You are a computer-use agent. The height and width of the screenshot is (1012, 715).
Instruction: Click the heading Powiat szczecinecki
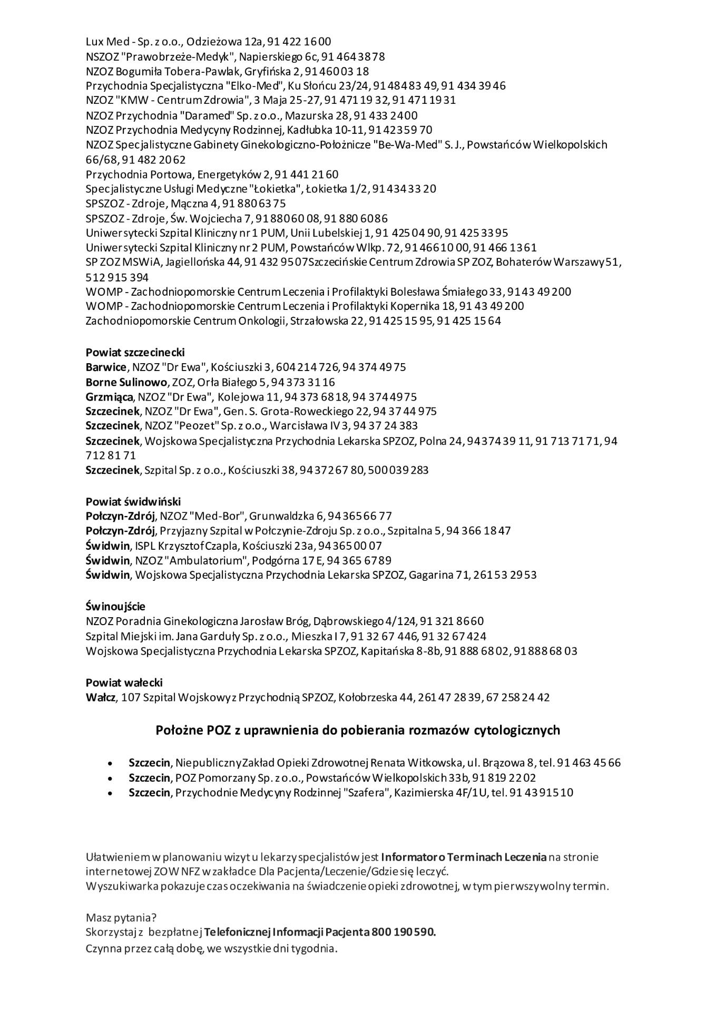click(135, 352)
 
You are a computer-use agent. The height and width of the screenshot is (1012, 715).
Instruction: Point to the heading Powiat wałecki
click(124, 682)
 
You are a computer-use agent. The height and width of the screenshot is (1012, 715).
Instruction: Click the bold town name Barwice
click(106, 367)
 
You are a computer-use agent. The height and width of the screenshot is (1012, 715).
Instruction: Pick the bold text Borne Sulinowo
click(126, 382)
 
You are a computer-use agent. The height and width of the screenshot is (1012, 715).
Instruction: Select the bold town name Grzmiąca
click(109, 396)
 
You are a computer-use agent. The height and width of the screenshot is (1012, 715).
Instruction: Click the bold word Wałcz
click(100, 697)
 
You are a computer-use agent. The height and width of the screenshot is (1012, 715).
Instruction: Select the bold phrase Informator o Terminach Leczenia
click(464, 857)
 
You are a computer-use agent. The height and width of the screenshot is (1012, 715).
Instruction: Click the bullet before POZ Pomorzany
click(110, 777)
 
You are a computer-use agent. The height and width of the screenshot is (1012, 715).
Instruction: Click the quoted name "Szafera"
click(363, 792)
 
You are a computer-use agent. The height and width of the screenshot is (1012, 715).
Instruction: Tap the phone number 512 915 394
click(116, 277)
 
